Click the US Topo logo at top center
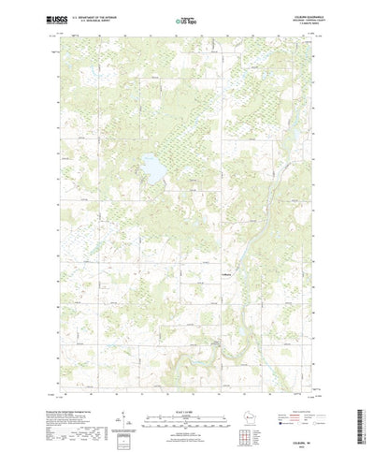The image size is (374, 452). point(186,19)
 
